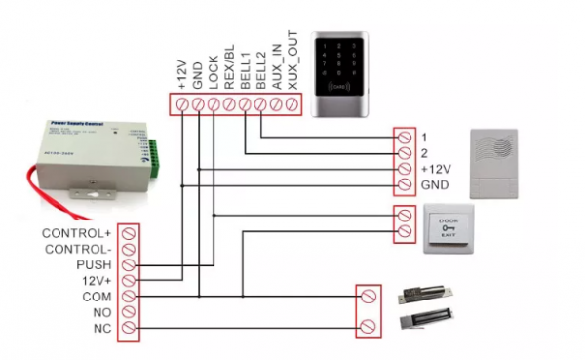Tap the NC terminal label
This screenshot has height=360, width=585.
(101, 329)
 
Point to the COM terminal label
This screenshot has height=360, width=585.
(96, 297)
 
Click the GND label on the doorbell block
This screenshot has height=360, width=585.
(433, 184)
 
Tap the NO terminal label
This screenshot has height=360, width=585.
(101, 312)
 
